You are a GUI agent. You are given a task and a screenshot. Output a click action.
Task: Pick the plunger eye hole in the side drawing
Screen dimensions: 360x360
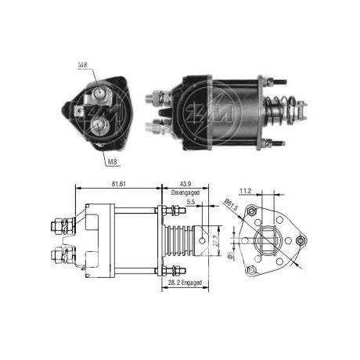pos(206,236)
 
